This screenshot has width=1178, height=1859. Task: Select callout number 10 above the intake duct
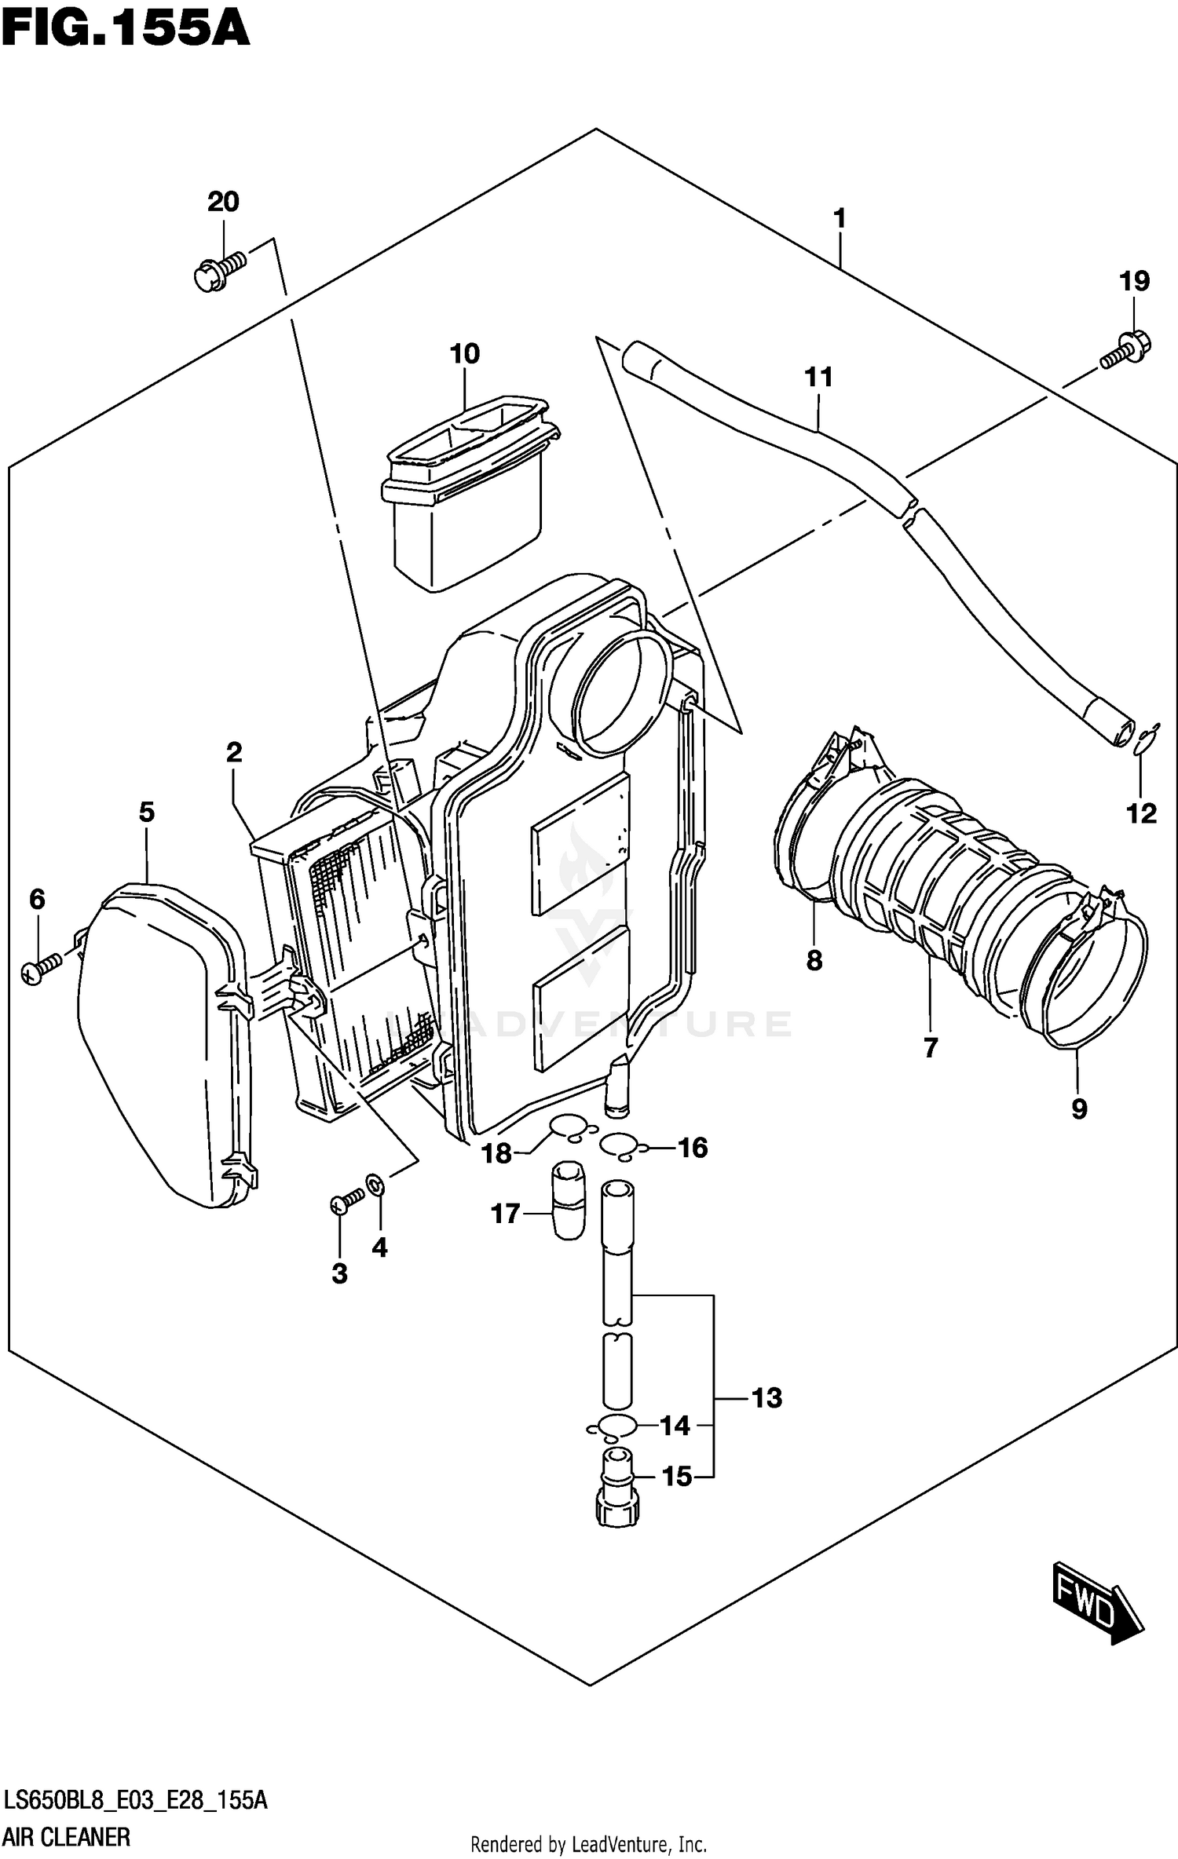coord(464,354)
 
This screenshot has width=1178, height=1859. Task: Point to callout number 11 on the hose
coord(818,378)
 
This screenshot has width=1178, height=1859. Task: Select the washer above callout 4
coord(375,1182)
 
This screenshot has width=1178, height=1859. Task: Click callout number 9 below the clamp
coord(1079,1109)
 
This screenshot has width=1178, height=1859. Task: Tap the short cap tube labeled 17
coord(569,1200)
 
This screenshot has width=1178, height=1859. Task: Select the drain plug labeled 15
coord(620,1488)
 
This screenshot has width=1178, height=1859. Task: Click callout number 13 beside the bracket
coord(766,1397)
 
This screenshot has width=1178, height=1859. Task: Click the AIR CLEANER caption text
coord(68,1837)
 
